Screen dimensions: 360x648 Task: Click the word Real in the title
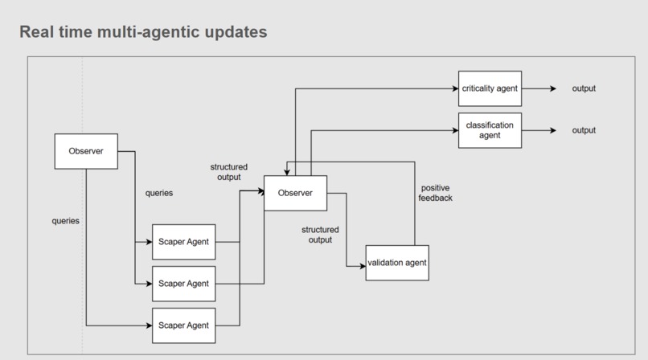37,32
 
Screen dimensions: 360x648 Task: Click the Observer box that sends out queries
86,151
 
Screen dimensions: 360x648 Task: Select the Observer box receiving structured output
295,193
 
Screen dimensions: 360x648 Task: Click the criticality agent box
490,88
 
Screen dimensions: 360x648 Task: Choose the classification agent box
490,130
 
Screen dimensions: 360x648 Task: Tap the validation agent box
397,263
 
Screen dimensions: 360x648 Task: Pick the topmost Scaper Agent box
184,242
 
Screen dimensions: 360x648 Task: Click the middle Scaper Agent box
184,284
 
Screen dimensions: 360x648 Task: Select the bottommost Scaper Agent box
184,325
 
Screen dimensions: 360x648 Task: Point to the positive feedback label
436,193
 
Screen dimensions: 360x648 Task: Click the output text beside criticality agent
584,88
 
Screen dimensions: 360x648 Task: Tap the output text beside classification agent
584,130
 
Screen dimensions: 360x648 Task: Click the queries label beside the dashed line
65,220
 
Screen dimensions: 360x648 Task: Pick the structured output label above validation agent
320,235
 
